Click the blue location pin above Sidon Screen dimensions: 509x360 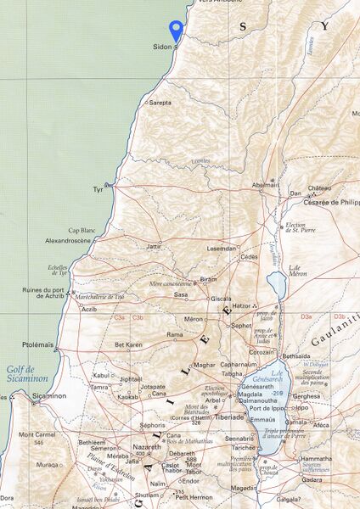176,30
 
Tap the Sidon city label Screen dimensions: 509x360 161,47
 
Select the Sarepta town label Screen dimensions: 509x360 160,102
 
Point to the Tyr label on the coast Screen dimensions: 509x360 98,190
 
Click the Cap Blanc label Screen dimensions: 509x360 82,231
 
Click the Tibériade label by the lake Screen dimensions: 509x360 229,417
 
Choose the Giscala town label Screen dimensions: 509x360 221,299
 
